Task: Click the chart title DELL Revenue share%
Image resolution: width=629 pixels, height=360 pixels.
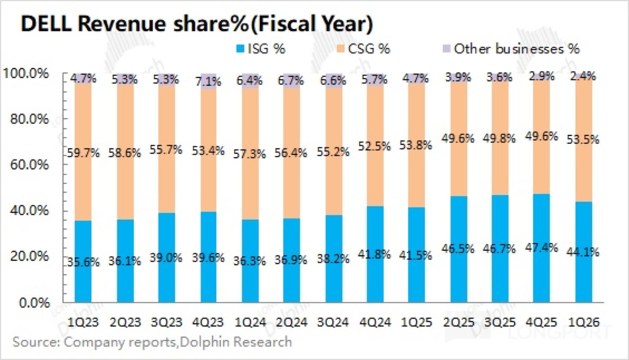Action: tap(197, 24)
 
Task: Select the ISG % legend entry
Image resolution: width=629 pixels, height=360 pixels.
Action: tap(261, 49)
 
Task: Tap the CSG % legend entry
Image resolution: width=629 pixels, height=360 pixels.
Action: tap(363, 49)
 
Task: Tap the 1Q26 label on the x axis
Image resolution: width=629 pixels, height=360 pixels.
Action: tap(584, 322)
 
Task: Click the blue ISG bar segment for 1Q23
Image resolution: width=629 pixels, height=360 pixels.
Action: tap(83, 279)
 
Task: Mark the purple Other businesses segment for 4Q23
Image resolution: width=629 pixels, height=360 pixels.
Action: tap(208, 81)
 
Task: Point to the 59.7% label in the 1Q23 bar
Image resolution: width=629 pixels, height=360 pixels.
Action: tap(83, 154)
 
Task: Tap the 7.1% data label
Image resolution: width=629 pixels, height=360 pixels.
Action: tap(208, 82)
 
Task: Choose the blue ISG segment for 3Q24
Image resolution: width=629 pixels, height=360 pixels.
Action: tap(334, 279)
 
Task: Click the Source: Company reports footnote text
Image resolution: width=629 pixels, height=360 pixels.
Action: tap(152, 342)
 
